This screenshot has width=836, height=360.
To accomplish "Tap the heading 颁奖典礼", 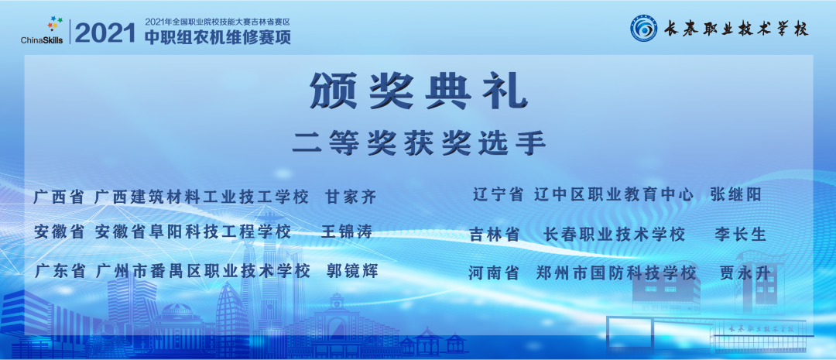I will tap(418, 91).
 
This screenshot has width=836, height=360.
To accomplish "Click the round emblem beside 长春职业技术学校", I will tap(642, 29).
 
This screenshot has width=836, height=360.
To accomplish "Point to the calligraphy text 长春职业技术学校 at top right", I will tap(731, 30).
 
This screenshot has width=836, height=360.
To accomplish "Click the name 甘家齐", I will tap(351, 197).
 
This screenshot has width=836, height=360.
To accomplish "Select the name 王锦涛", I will tap(346, 231).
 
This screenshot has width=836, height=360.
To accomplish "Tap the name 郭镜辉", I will tap(352, 271).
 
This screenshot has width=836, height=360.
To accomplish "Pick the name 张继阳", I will tap(735, 195).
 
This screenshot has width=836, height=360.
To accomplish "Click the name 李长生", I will tap(740, 234).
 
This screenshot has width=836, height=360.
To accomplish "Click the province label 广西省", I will tap(59, 197).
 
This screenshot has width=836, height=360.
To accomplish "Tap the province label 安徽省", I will tap(60, 231).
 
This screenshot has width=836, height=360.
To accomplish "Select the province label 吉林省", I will tap(495, 235).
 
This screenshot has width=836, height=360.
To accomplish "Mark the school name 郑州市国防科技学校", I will tap(616, 273).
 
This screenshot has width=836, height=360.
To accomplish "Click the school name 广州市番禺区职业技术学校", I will tap(204, 271).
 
